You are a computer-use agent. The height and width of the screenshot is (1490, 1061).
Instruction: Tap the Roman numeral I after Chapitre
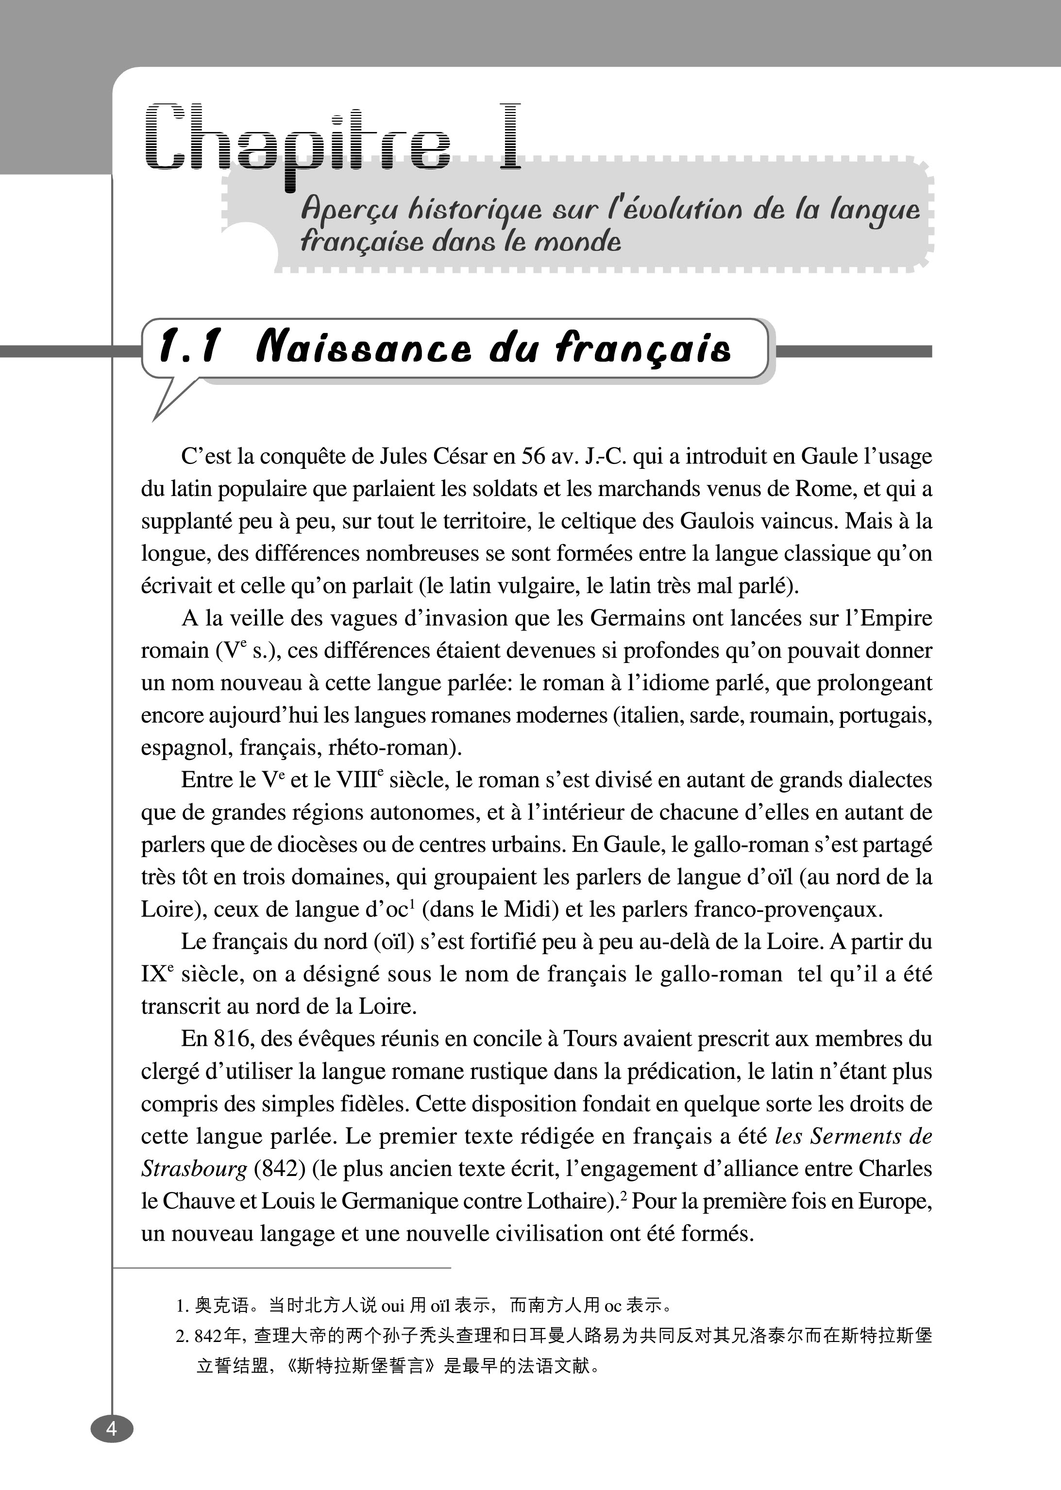coord(509,137)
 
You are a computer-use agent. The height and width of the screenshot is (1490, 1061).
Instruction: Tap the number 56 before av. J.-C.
coord(533,456)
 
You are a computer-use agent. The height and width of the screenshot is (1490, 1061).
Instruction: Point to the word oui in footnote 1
coord(393,1306)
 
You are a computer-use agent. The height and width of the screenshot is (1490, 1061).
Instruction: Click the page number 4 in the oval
coord(112,1429)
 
